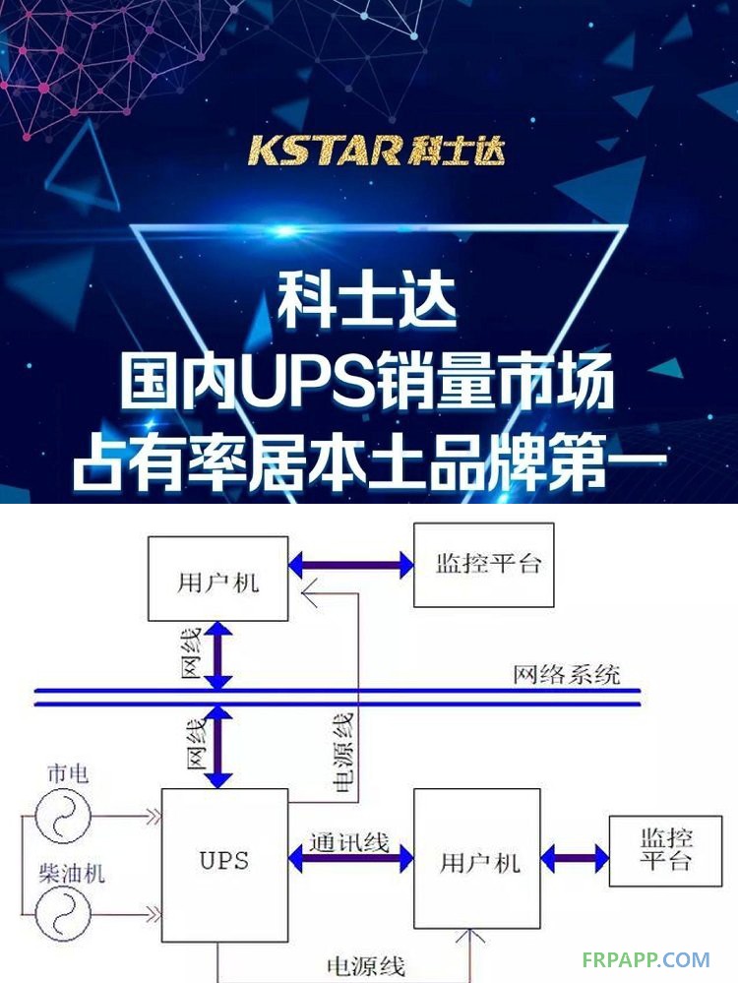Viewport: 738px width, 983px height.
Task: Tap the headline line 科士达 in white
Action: pyautogui.click(x=367, y=302)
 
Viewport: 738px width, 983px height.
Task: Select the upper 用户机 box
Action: pyautogui.click(x=218, y=579)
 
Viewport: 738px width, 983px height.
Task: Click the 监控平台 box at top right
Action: pyautogui.click(x=484, y=565)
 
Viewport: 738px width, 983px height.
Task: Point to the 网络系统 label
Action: pyautogui.click(x=567, y=675)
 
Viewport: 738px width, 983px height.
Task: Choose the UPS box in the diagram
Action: pyautogui.click(x=225, y=865)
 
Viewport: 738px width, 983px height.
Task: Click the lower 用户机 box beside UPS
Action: pyautogui.click(x=477, y=858)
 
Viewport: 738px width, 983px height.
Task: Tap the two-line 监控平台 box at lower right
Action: pyautogui.click(x=666, y=851)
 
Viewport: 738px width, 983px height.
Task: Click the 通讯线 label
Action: pyautogui.click(x=349, y=842)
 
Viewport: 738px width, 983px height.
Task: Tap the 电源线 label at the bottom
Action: pyautogui.click(x=366, y=966)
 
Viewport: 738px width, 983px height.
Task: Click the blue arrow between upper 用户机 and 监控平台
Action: pyautogui.click(x=351, y=565)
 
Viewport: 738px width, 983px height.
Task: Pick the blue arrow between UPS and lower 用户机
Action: pyautogui.click(x=351, y=859)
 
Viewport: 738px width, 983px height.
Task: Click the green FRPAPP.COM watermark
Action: pyautogui.click(x=646, y=959)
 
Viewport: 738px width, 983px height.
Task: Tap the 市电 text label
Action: pyautogui.click(x=68, y=773)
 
